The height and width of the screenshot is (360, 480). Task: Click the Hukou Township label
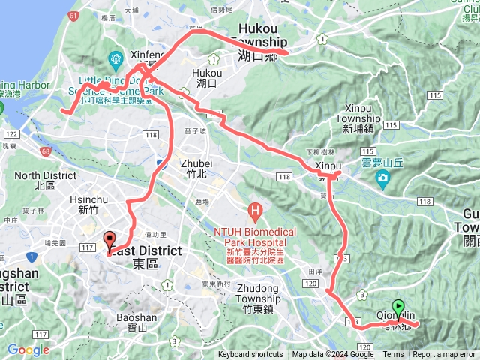click(x=257, y=47)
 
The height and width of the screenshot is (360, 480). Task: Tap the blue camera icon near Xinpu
click(x=383, y=178)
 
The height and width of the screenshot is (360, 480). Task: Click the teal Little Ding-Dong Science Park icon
click(x=115, y=58)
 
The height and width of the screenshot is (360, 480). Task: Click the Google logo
click(x=28, y=349)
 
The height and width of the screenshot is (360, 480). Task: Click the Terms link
click(x=393, y=355)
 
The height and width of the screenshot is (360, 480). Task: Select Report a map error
click(x=445, y=355)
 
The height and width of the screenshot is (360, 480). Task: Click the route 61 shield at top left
click(x=72, y=15)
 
